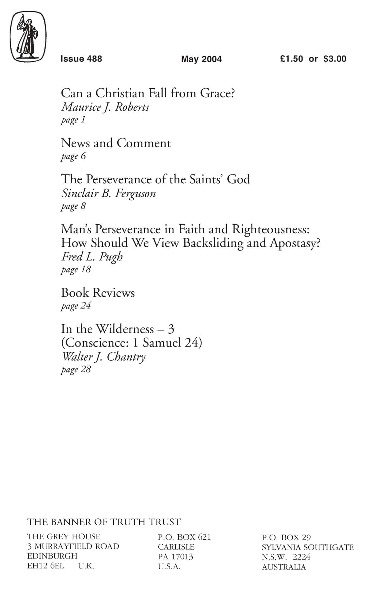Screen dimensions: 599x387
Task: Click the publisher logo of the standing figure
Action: click(28, 37)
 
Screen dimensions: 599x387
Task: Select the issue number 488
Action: click(95, 59)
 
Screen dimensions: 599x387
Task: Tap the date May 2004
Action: click(201, 59)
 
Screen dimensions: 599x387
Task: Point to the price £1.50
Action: click(291, 59)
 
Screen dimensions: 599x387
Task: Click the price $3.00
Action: click(335, 59)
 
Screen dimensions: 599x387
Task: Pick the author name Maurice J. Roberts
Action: click(105, 107)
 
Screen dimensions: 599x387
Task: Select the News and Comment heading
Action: click(116, 143)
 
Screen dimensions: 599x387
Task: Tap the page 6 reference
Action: click(73, 156)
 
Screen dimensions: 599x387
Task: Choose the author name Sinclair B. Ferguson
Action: click(109, 193)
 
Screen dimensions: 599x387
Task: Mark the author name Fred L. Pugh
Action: click(92, 257)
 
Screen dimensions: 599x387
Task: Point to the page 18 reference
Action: click(76, 269)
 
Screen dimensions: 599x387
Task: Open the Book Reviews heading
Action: click(98, 293)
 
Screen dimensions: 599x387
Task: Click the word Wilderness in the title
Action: click(125, 329)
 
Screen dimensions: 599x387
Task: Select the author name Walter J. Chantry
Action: click(103, 357)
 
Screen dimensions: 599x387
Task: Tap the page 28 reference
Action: click(76, 369)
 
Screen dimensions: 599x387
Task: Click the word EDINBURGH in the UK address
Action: click(52, 556)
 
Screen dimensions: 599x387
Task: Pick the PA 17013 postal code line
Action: click(175, 557)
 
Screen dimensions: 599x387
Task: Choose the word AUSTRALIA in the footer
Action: click(284, 567)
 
